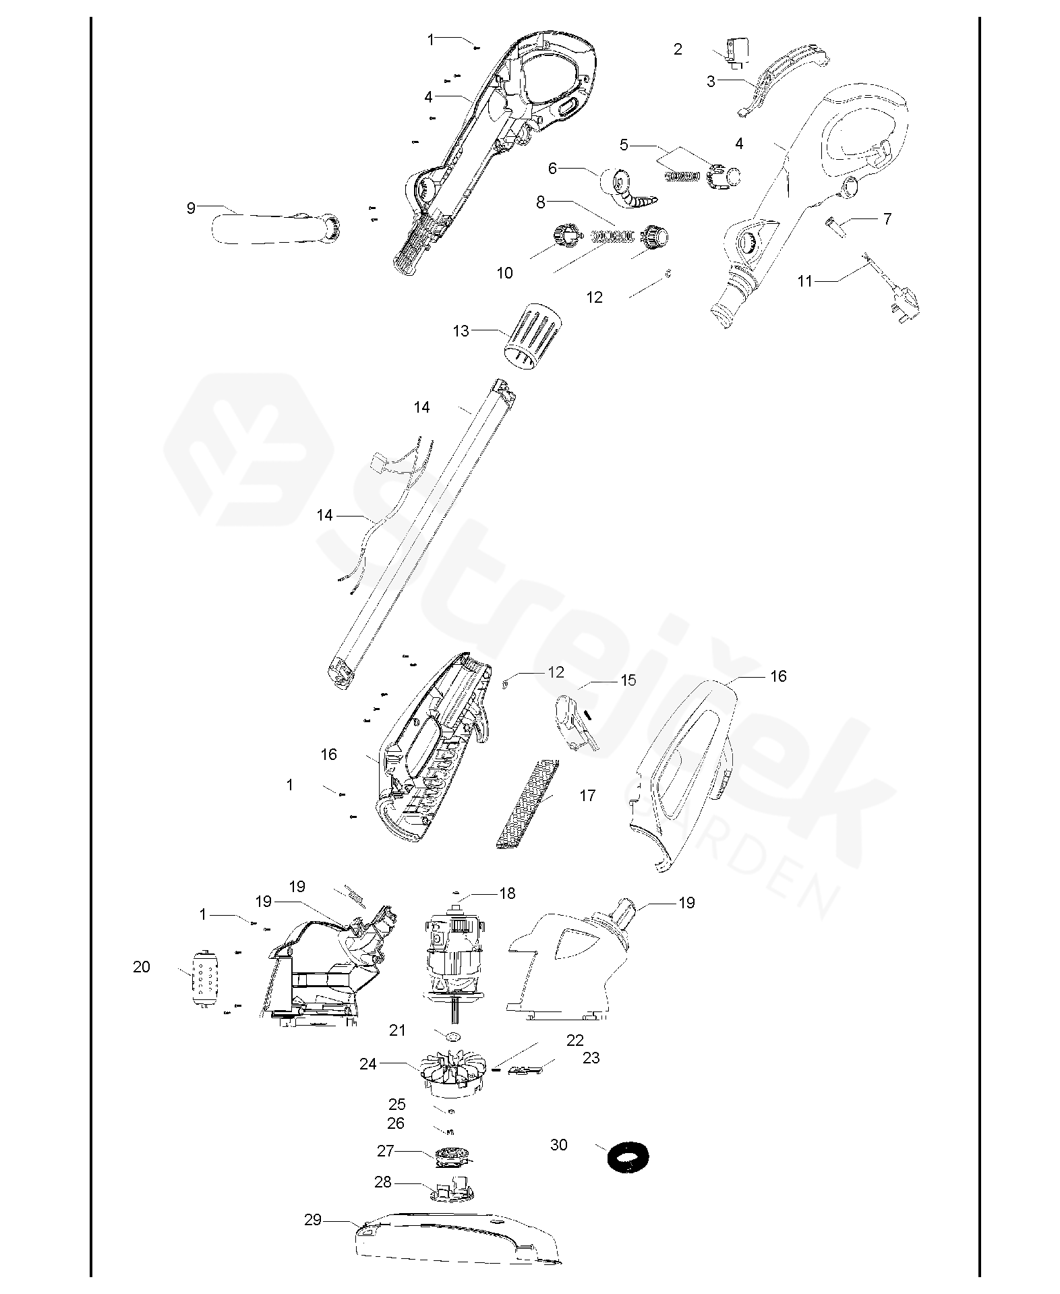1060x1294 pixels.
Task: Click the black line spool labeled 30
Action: click(628, 1158)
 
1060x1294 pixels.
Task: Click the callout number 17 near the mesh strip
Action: click(587, 796)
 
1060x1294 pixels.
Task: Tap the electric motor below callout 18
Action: click(455, 960)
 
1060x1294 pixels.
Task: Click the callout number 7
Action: click(887, 218)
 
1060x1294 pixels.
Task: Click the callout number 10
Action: click(505, 273)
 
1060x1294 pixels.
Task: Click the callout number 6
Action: click(553, 168)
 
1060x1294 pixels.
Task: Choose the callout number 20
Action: click(142, 967)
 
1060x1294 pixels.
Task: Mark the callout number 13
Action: click(461, 331)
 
